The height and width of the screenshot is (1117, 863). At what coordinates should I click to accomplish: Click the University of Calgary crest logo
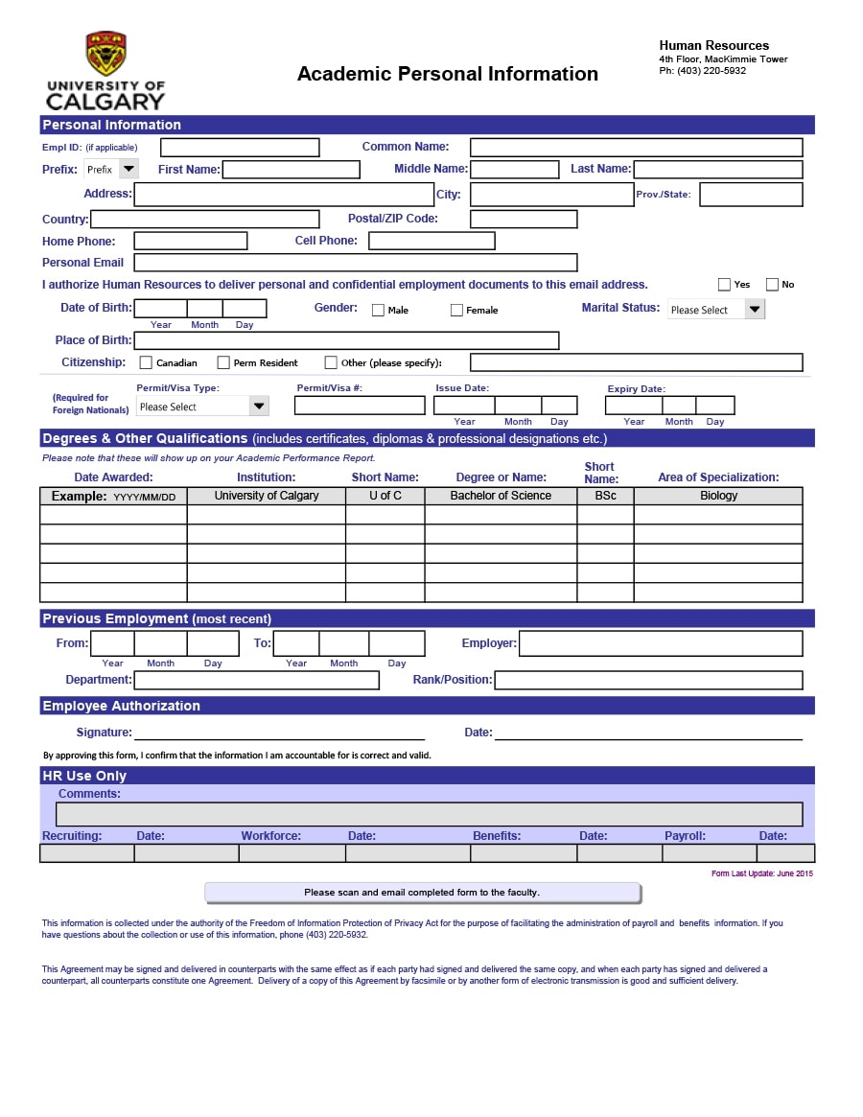tap(105, 54)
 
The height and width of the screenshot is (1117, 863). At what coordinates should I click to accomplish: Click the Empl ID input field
tap(240, 148)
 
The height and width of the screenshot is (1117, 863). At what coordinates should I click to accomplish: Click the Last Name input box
tap(717, 170)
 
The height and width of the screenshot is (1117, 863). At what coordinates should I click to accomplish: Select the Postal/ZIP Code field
tap(524, 219)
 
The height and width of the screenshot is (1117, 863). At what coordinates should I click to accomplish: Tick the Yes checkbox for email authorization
tap(724, 285)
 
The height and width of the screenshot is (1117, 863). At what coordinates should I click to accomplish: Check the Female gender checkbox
tap(456, 310)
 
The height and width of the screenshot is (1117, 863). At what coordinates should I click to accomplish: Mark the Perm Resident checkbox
tap(223, 362)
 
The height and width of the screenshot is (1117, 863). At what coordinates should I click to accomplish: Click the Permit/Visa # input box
tap(360, 406)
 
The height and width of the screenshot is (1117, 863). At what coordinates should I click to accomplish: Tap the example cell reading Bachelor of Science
tap(501, 496)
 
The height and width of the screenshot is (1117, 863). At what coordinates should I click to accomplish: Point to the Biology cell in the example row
tap(718, 496)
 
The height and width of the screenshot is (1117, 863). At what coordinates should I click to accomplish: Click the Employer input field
tap(661, 643)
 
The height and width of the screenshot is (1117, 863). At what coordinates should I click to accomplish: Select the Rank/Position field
tap(648, 680)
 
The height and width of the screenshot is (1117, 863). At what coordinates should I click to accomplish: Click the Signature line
tap(266, 733)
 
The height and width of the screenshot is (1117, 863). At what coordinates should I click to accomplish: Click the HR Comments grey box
tap(429, 814)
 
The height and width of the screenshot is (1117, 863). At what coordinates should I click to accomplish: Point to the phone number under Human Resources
tap(702, 71)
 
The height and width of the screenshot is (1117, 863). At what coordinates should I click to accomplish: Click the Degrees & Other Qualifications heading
tap(145, 438)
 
